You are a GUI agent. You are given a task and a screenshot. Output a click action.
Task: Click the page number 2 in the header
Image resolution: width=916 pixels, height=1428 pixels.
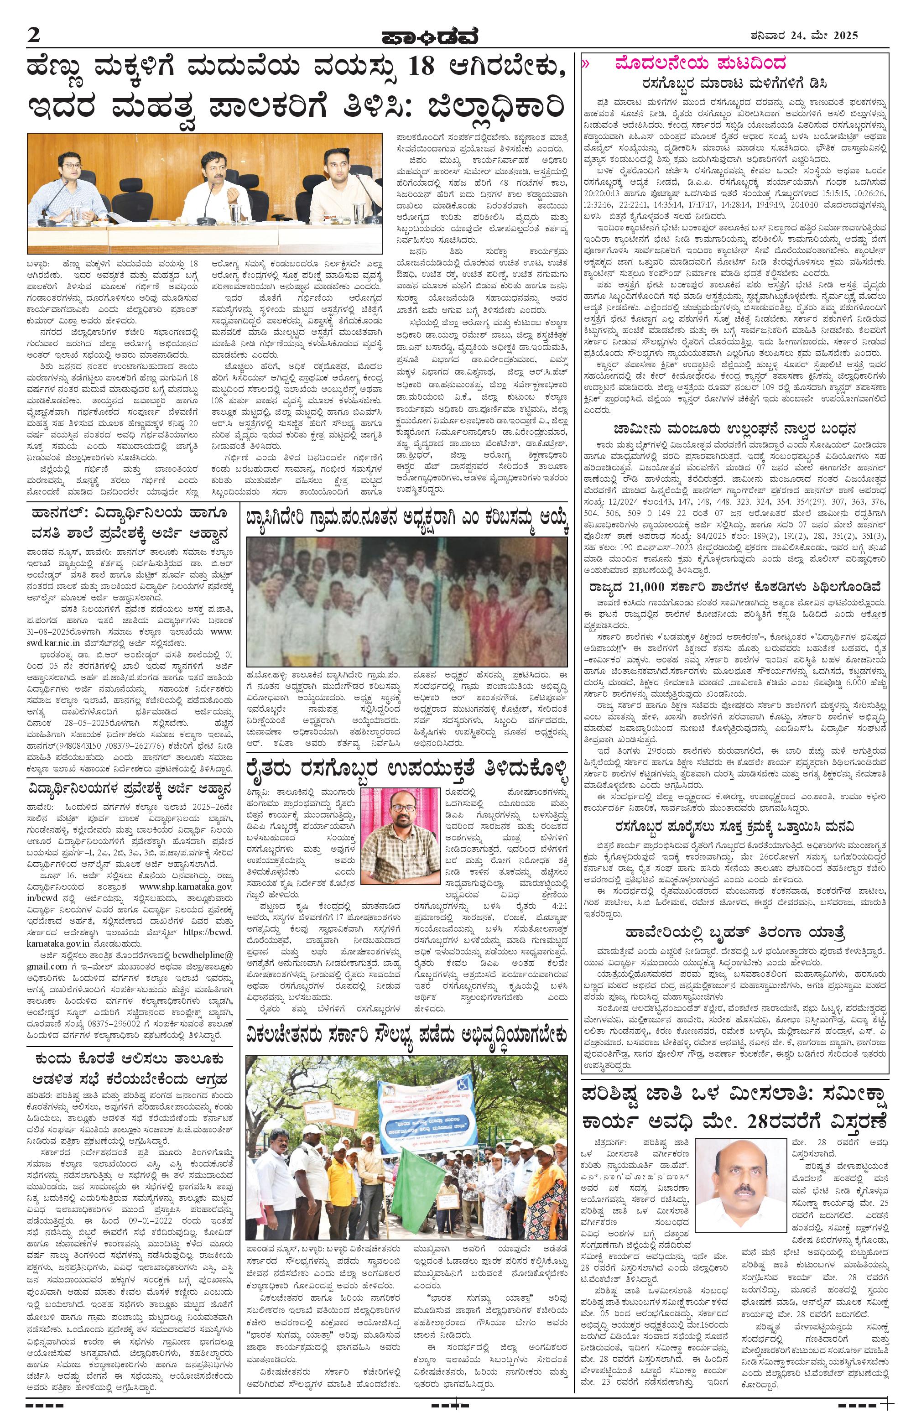pos(33,35)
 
